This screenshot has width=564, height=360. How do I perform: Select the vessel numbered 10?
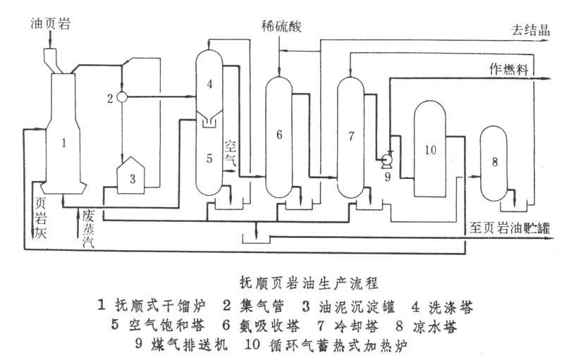tap(432, 149)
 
